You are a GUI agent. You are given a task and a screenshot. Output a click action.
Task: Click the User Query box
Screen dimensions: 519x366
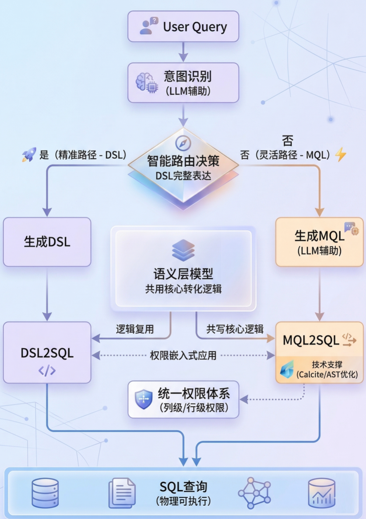[183, 27]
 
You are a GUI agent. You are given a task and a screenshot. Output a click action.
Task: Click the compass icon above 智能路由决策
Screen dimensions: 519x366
[183, 143]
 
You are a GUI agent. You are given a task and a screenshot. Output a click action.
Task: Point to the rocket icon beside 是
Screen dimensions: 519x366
[29, 155]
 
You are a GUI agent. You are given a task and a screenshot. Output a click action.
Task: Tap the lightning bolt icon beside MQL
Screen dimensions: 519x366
[341, 154]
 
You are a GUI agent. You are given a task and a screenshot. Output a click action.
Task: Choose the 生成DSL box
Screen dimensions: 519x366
[47, 242]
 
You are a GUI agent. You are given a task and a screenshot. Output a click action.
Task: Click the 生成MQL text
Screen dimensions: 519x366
[319, 236]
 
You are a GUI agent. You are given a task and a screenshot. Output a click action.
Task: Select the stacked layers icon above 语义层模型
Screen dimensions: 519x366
[183, 250]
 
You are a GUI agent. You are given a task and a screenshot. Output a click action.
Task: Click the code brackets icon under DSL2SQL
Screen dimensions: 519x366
[47, 370]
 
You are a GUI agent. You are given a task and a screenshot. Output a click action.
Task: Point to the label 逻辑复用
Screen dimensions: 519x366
[135, 329]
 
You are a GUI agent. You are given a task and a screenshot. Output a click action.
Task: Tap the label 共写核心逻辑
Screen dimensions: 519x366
[235, 329]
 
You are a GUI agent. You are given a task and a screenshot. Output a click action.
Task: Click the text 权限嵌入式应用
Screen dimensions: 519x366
[183, 356]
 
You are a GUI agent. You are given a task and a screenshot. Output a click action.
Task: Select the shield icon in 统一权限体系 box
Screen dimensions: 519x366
[144, 399]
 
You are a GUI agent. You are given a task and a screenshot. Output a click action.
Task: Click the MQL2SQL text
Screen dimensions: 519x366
[311, 340]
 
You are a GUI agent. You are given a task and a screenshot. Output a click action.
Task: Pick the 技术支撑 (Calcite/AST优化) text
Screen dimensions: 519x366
[327, 370]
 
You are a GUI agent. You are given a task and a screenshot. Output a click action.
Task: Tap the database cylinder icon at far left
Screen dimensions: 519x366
[45, 493]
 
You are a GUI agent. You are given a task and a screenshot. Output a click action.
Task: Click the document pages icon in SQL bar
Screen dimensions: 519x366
[122, 493]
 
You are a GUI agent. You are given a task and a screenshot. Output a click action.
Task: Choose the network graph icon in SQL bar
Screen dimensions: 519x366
[254, 493]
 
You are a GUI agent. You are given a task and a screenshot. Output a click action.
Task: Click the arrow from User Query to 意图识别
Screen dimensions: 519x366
[183, 52]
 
